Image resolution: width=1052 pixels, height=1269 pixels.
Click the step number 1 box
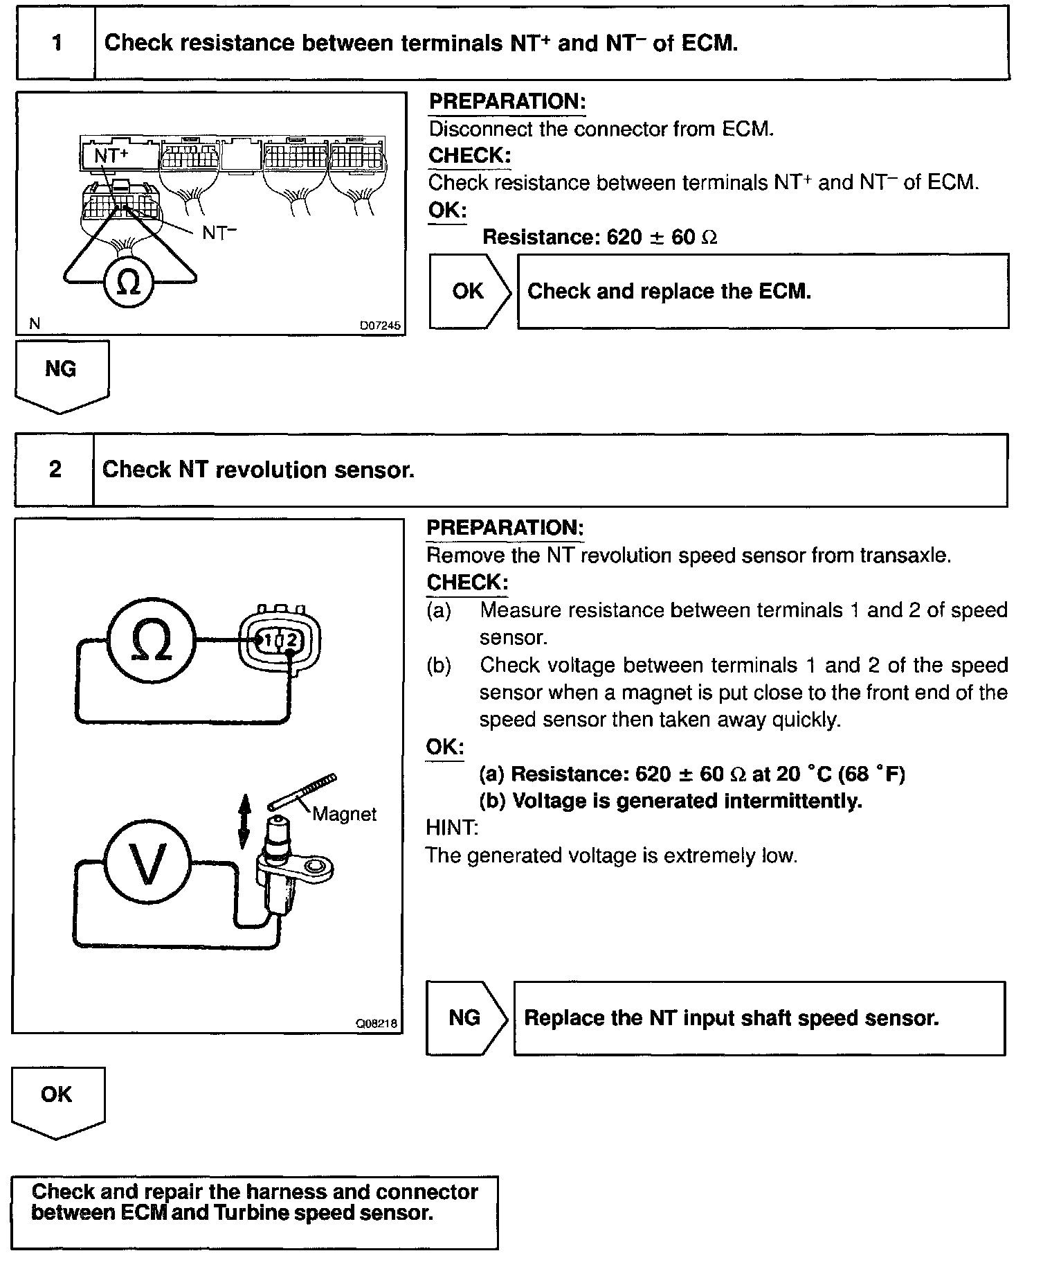coord(56,43)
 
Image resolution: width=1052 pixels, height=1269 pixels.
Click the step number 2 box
coord(55,470)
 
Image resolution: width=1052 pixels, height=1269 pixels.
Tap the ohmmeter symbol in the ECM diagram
coord(129,283)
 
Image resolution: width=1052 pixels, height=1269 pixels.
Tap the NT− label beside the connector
coord(219,233)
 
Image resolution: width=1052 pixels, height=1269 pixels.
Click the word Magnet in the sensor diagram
coord(344,814)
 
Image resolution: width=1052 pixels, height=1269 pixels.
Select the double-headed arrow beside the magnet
coord(244,822)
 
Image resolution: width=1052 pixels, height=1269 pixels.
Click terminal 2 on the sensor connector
coord(291,640)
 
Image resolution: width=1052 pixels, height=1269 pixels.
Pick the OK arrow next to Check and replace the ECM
coord(469,291)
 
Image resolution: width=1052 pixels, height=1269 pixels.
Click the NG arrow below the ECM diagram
coord(61,374)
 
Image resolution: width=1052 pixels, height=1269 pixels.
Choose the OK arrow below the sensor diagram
coord(57,1101)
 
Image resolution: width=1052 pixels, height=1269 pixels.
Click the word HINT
coord(451,828)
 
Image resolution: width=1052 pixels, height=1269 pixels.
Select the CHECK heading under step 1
coord(469,156)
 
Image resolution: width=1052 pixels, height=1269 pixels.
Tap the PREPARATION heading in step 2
coord(505,528)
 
